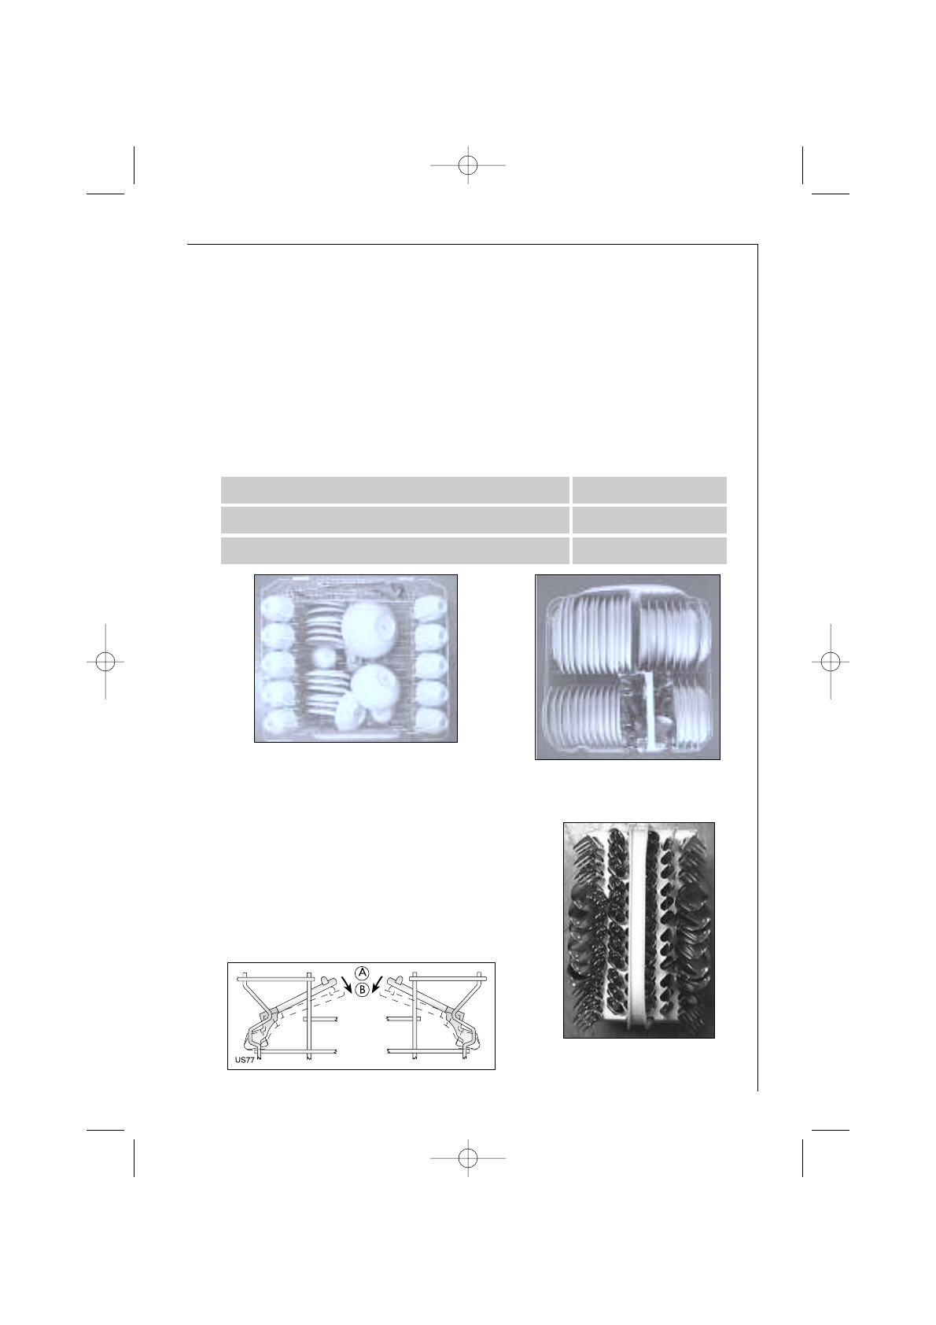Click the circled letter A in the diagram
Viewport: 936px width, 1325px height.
coord(362,973)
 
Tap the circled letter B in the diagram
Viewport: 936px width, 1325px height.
coord(362,989)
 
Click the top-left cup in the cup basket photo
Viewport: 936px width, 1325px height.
coord(277,609)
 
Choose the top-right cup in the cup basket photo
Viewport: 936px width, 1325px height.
coord(431,609)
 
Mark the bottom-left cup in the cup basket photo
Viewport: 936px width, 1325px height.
coord(277,721)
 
